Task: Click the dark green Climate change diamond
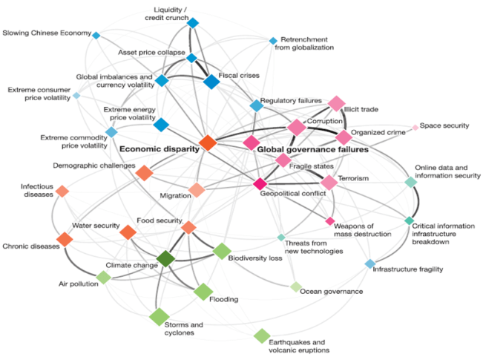click(165, 259)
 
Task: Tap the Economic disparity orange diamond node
click(207, 142)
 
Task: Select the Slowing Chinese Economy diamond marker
click(96, 34)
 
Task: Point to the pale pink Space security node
click(415, 127)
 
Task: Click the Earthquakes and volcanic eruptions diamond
click(261, 336)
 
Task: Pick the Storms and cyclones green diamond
click(159, 317)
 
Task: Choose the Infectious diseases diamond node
click(62, 192)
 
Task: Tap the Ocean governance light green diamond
click(295, 287)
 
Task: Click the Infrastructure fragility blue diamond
click(370, 264)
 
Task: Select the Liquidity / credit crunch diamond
click(193, 23)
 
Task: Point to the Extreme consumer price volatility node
click(76, 95)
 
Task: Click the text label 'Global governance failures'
click(312, 149)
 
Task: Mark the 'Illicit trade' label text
click(362, 109)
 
